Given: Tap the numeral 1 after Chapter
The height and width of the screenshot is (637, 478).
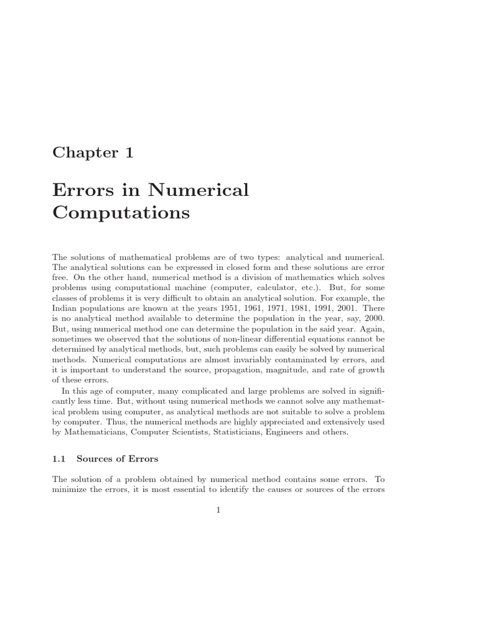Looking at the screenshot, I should click(x=129, y=153).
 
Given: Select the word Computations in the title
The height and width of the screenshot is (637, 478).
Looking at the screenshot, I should click(x=121, y=213).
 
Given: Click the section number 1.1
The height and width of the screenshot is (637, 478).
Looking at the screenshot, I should click(x=60, y=459).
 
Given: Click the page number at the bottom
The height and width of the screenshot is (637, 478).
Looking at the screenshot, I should click(x=218, y=510).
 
